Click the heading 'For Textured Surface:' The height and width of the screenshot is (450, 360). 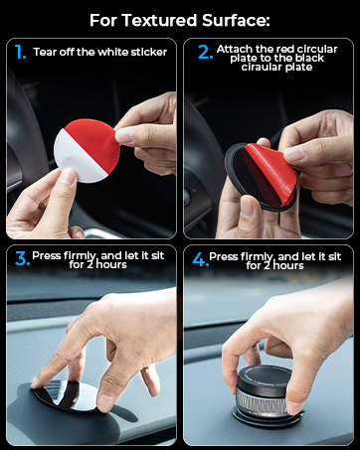[x=180, y=20]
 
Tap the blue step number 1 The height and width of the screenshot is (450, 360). [x=20, y=52]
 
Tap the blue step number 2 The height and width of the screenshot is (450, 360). [x=205, y=53]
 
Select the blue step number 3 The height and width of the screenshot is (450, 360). [x=20, y=260]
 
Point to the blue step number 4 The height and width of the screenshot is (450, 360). [x=200, y=260]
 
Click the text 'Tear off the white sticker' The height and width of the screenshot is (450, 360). [x=99, y=52]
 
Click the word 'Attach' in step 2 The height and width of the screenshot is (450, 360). [x=239, y=48]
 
